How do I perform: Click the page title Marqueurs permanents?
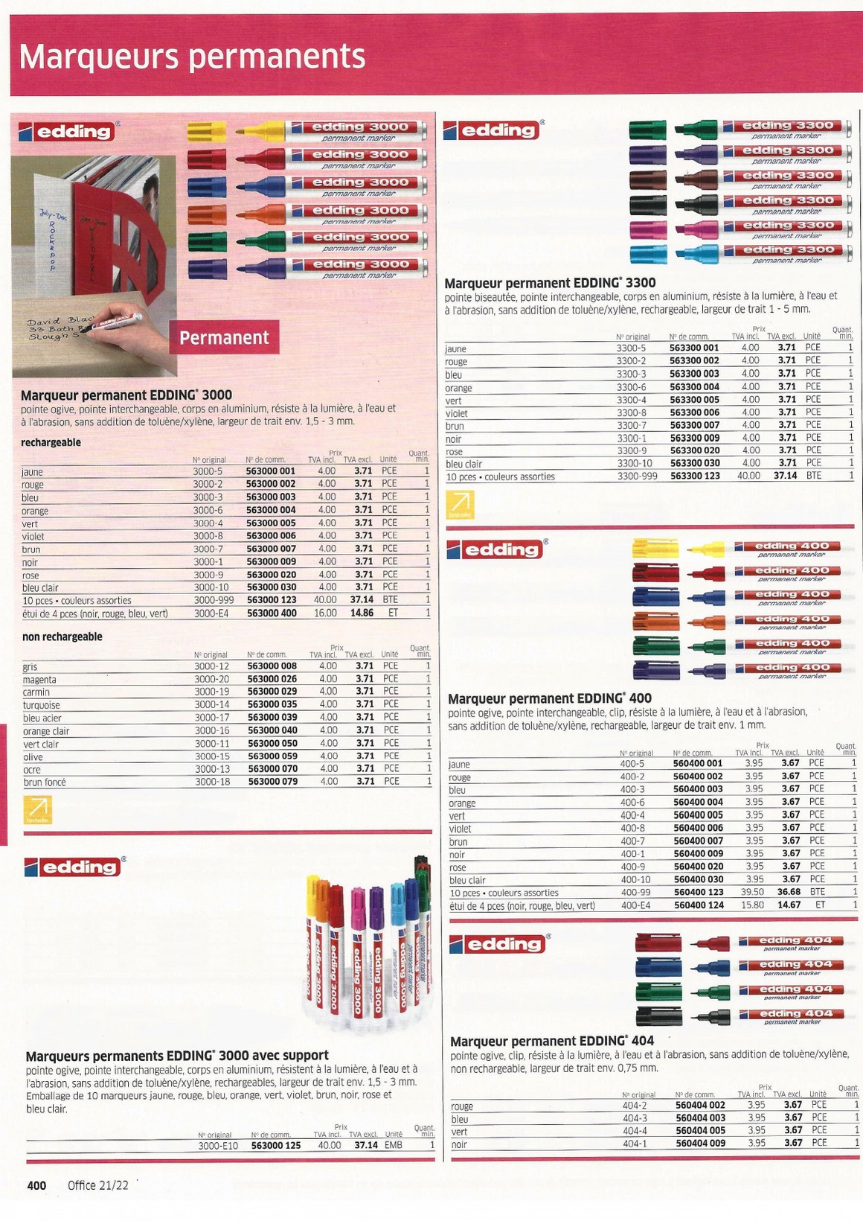(192, 57)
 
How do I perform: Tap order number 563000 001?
(271, 471)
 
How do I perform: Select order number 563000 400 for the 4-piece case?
(271, 613)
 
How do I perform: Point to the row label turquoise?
(42, 705)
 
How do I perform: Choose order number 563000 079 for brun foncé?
(272, 782)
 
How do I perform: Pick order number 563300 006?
(694, 412)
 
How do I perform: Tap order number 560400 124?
(698, 905)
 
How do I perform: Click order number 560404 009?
(700, 1143)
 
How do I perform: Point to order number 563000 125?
(276, 1145)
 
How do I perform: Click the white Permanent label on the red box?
(224, 338)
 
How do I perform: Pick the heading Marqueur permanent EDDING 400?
(549, 698)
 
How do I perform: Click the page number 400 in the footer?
(36, 1185)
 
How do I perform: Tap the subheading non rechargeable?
(62, 637)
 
